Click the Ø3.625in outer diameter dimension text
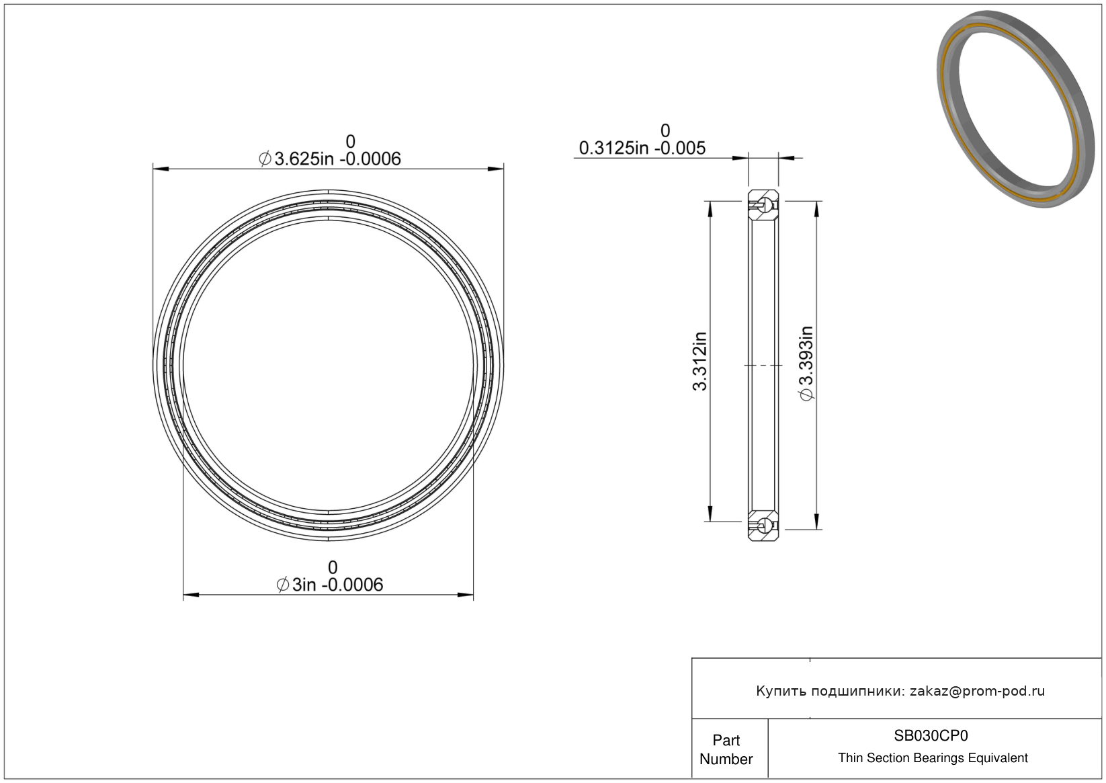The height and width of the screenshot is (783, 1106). click(329, 159)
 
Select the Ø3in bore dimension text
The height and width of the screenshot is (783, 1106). click(329, 585)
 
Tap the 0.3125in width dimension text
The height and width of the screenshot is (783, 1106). click(642, 148)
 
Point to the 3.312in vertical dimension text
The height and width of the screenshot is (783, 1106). click(699, 361)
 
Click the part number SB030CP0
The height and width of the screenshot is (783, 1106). click(931, 736)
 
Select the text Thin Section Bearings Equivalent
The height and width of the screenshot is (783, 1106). click(933, 758)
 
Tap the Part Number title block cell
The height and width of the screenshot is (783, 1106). click(726, 749)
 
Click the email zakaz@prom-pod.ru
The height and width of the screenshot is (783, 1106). click(977, 691)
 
